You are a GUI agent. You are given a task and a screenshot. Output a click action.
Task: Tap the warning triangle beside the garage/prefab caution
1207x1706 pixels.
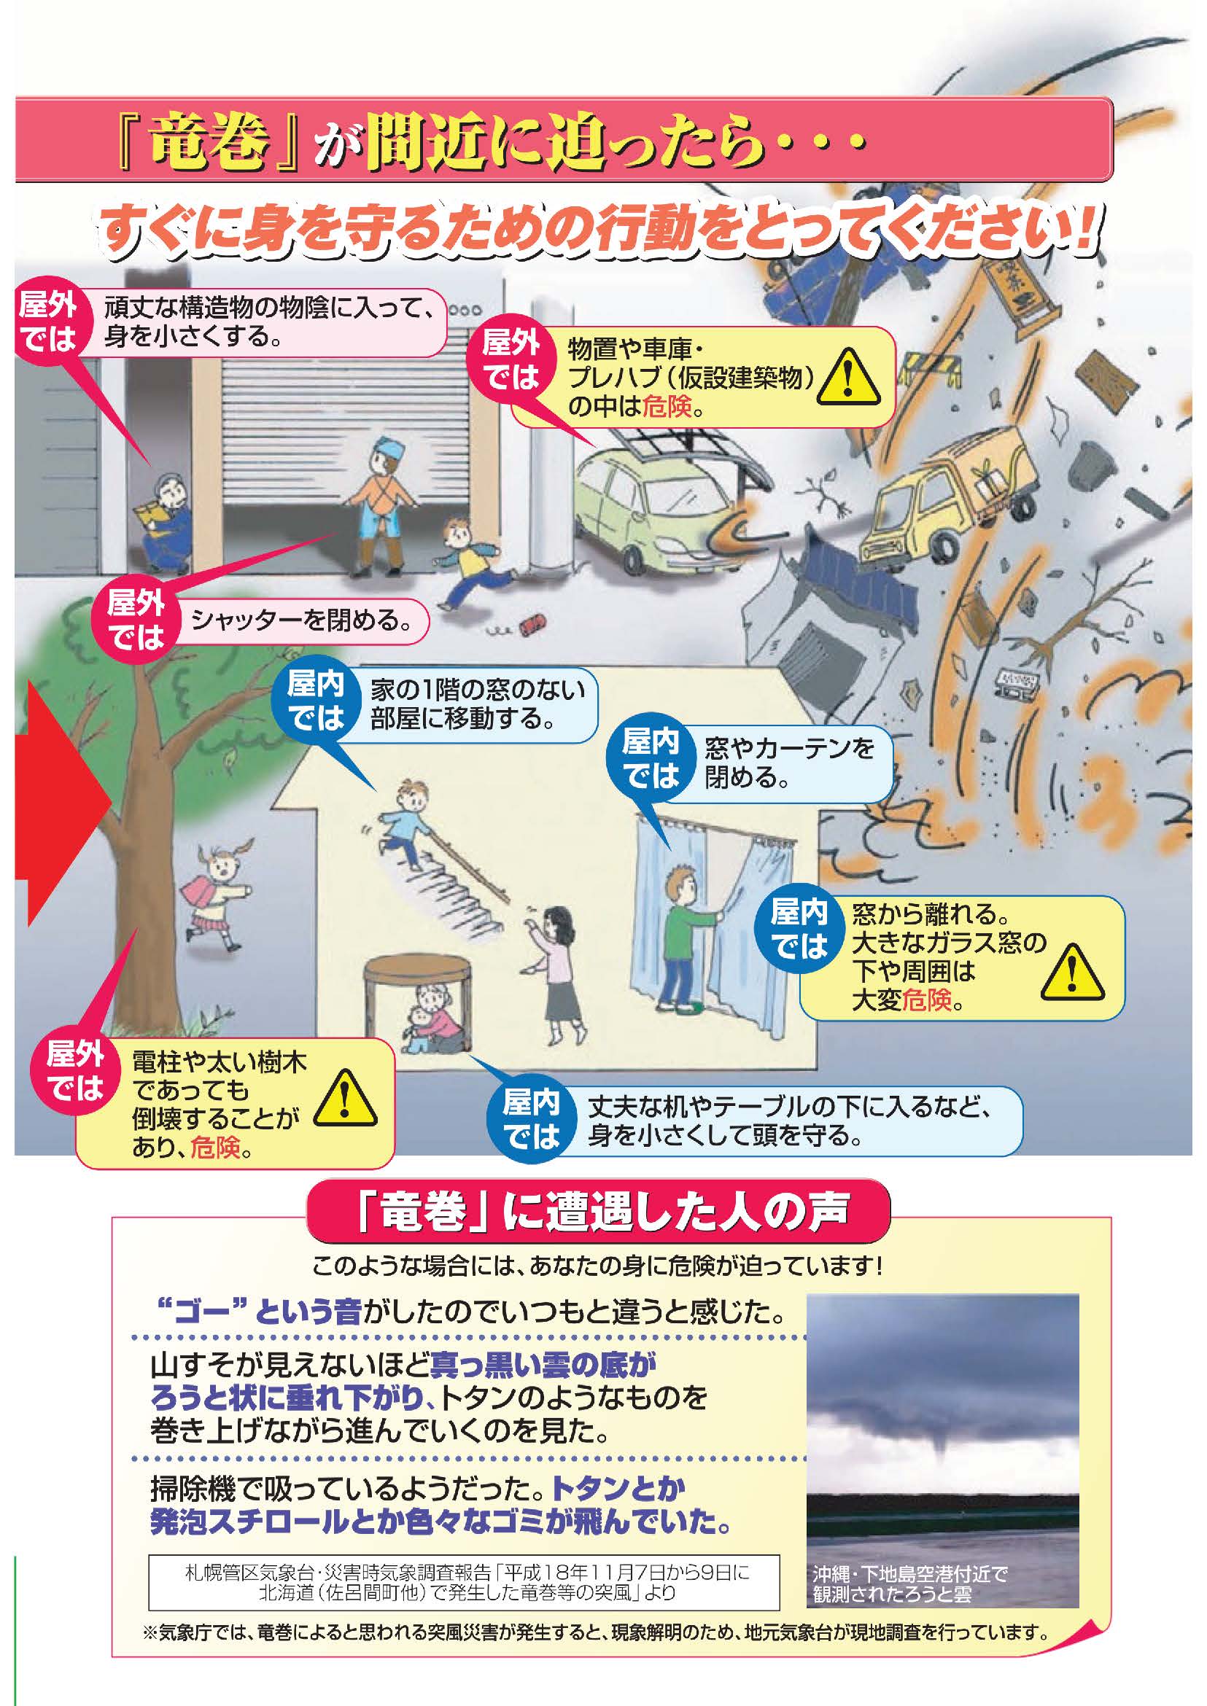[849, 379]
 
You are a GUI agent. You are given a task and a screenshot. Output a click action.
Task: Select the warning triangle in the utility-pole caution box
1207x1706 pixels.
[345, 1097]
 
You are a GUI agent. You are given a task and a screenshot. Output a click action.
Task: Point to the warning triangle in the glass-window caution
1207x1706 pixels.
[1072, 971]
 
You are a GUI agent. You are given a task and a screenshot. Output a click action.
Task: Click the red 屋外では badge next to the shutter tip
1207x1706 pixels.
[135, 618]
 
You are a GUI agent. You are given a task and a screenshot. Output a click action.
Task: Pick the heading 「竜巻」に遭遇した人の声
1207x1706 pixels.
[599, 1212]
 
